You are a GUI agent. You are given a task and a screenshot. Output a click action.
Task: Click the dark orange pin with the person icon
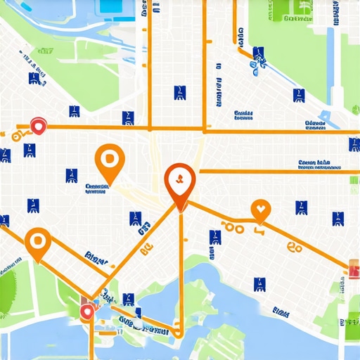[x=179, y=181]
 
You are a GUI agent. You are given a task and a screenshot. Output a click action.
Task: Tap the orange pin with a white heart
[x=260, y=209]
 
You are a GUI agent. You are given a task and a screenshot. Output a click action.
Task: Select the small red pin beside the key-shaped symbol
[x=38, y=126]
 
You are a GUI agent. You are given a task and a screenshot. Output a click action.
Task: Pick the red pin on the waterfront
[x=87, y=311]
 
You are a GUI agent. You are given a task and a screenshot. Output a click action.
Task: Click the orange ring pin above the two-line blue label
[x=108, y=160]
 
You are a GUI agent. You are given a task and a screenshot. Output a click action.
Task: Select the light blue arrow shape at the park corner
[x=326, y=117]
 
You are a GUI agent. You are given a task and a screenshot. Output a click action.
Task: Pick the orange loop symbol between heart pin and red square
[x=293, y=246]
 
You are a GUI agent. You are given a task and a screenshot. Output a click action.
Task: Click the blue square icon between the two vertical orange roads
[x=179, y=93]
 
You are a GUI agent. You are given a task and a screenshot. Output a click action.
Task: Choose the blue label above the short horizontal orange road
[x=314, y=164]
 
